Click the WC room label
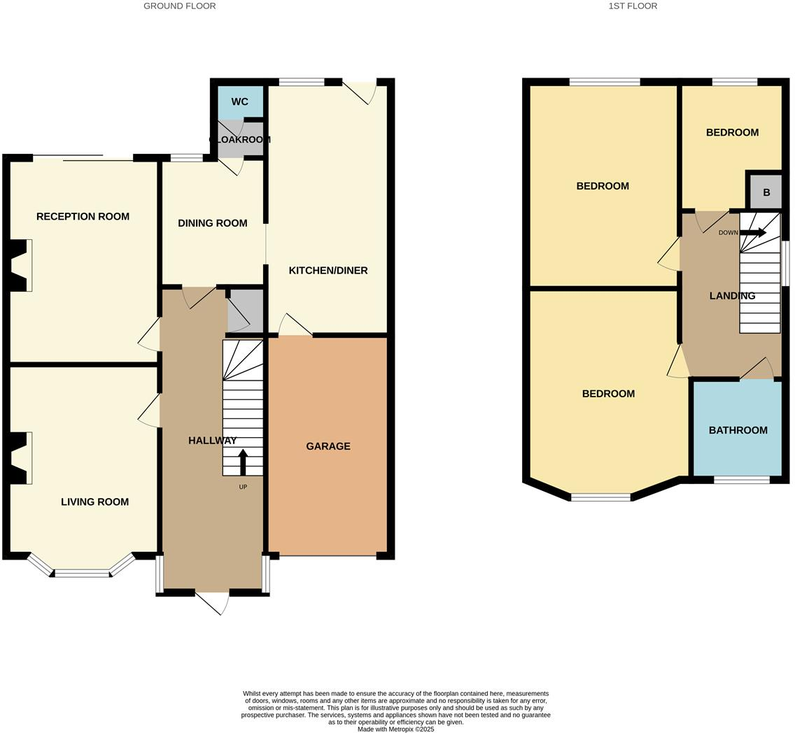pyautogui.click(x=239, y=102)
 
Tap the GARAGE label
pyautogui.click(x=328, y=446)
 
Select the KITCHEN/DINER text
pyautogui.click(x=328, y=271)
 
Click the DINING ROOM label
pyautogui.click(x=212, y=223)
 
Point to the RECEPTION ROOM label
pyautogui.click(x=83, y=217)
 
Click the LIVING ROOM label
pyautogui.click(x=94, y=501)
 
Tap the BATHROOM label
pyautogui.click(x=738, y=430)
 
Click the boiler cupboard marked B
pyautogui.click(x=766, y=192)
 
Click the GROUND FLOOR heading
pyautogui.click(x=179, y=6)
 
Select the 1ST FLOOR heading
pyautogui.click(x=632, y=6)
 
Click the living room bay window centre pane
pyautogui.click(x=83, y=574)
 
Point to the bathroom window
pyautogui.click(x=741, y=480)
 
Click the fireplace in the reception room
pyautogui.click(x=21, y=266)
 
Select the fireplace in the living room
pyautogui.click(x=21, y=458)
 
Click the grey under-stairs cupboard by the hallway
pyautogui.click(x=245, y=311)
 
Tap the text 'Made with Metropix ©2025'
pyautogui.click(x=395, y=729)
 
